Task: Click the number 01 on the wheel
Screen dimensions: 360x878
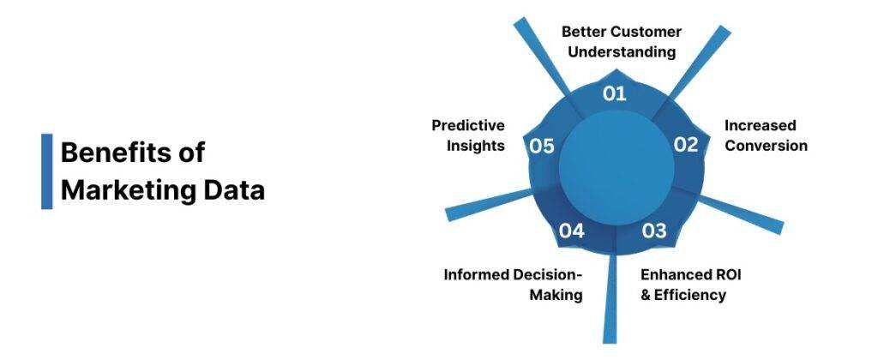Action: coord(615,93)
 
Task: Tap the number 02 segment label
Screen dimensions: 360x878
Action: coord(685,145)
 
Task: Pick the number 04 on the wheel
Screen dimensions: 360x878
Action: coord(572,231)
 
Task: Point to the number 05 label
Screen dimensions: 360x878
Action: coord(541,146)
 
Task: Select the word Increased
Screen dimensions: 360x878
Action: coord(761,125)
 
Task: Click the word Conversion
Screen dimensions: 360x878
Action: coord(767,146)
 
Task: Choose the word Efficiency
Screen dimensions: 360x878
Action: coord(691,295)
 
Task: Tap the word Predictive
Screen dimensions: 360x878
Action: coord(468,125)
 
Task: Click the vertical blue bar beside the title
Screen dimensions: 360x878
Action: coord(46,171)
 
